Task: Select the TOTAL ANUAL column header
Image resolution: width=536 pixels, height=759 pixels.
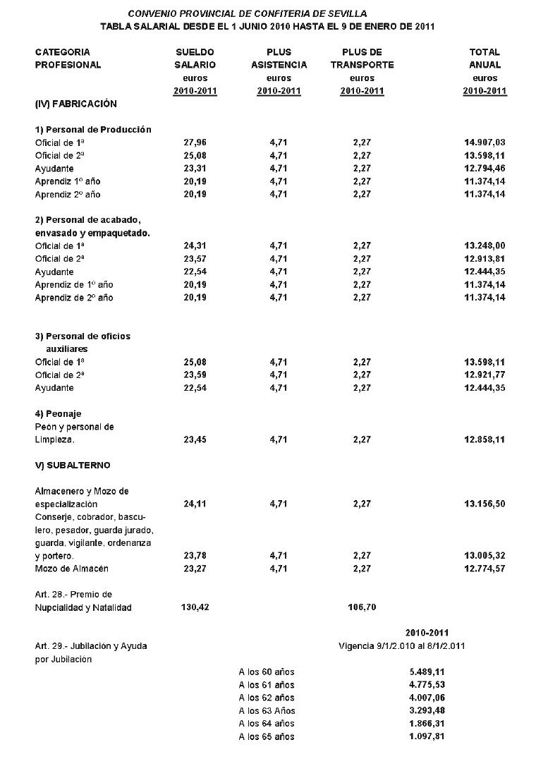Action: pyautogui.click(x=485, y=59)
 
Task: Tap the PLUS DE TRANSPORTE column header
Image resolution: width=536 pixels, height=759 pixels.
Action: pyautogui.click(x=362, y=59)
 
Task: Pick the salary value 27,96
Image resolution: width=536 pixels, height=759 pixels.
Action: pyautogui.click(x=194, y=142)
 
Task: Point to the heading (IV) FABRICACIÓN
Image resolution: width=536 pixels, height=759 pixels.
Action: pyautogui.click(x=76, y=104)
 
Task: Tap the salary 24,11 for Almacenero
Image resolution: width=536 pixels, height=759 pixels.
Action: pyautogui.click(x=194, y=504)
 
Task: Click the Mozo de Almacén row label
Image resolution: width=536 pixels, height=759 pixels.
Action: pyautogui.click(x=72, y=569)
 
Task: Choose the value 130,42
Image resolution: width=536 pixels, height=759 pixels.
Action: pyautogui.click(x=195, y=607)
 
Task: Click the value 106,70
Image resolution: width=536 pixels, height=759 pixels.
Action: pyautogui.click(x=363, y=607)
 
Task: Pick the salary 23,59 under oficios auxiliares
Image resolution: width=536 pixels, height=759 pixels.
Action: pyautogui.click(x=194, y=375)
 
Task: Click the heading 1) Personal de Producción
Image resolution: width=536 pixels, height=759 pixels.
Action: pyautogui.click(x=93, y=130)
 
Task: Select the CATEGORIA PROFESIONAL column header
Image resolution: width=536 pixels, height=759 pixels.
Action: pyautogui.click(x=68, y=59)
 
